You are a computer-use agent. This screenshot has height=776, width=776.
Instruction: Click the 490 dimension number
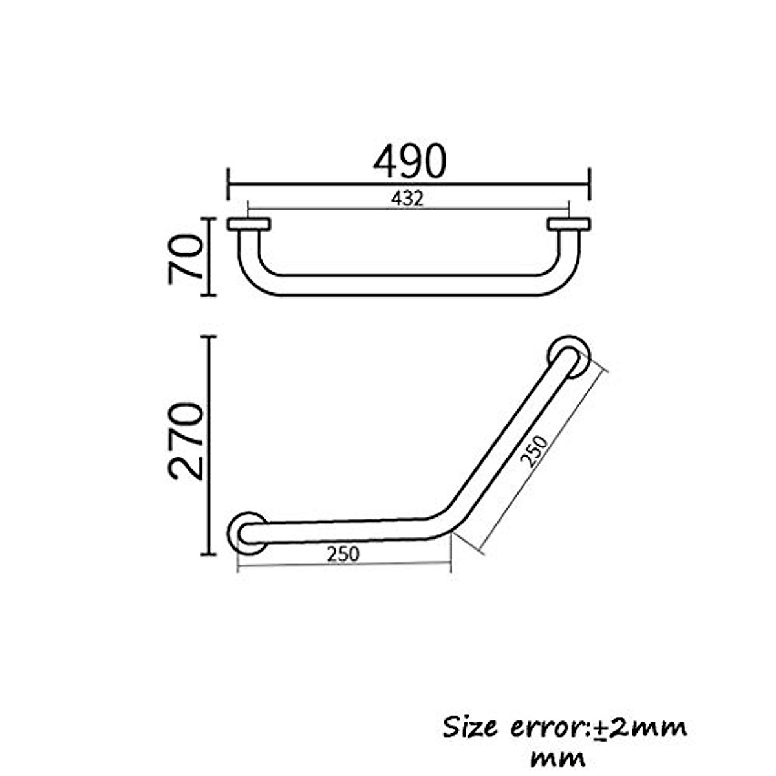(409, 161)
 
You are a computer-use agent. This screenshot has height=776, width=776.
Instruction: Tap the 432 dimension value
(407, 199)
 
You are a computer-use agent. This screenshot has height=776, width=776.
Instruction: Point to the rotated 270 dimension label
(186, 440)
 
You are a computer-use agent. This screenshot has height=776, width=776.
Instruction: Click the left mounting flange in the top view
(249, 224)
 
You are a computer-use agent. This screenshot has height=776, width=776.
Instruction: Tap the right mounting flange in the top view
(568, 224)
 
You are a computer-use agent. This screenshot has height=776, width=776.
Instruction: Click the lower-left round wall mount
(248, 533)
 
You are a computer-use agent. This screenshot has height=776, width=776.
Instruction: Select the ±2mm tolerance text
(640, 728)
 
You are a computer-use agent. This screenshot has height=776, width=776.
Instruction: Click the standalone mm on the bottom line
(557, 757)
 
